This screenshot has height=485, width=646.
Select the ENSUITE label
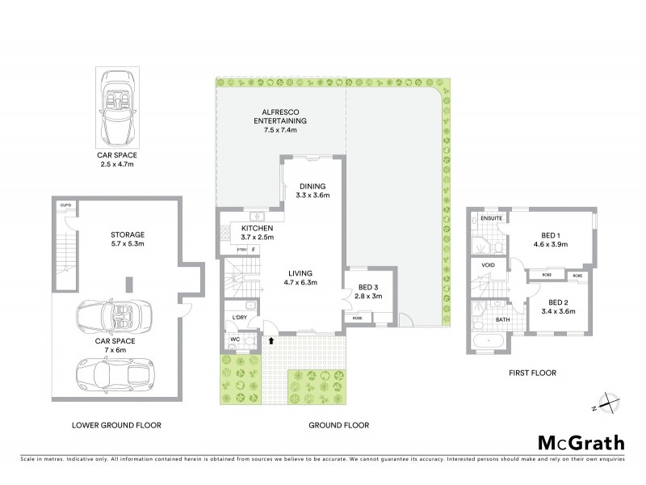pyautogui.click(x=490, y=218)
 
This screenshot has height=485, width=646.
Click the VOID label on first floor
pyautogui.click(x=488, y=264)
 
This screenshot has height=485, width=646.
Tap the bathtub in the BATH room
pyautogui.click(x=489, y=342)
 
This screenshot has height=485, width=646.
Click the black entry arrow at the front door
pyautogui.click(x=271, y=341)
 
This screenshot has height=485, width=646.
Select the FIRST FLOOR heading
pyautogui.click(x=533, y=373)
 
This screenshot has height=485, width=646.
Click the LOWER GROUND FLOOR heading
pyautogui.click(x=116, y=425)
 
